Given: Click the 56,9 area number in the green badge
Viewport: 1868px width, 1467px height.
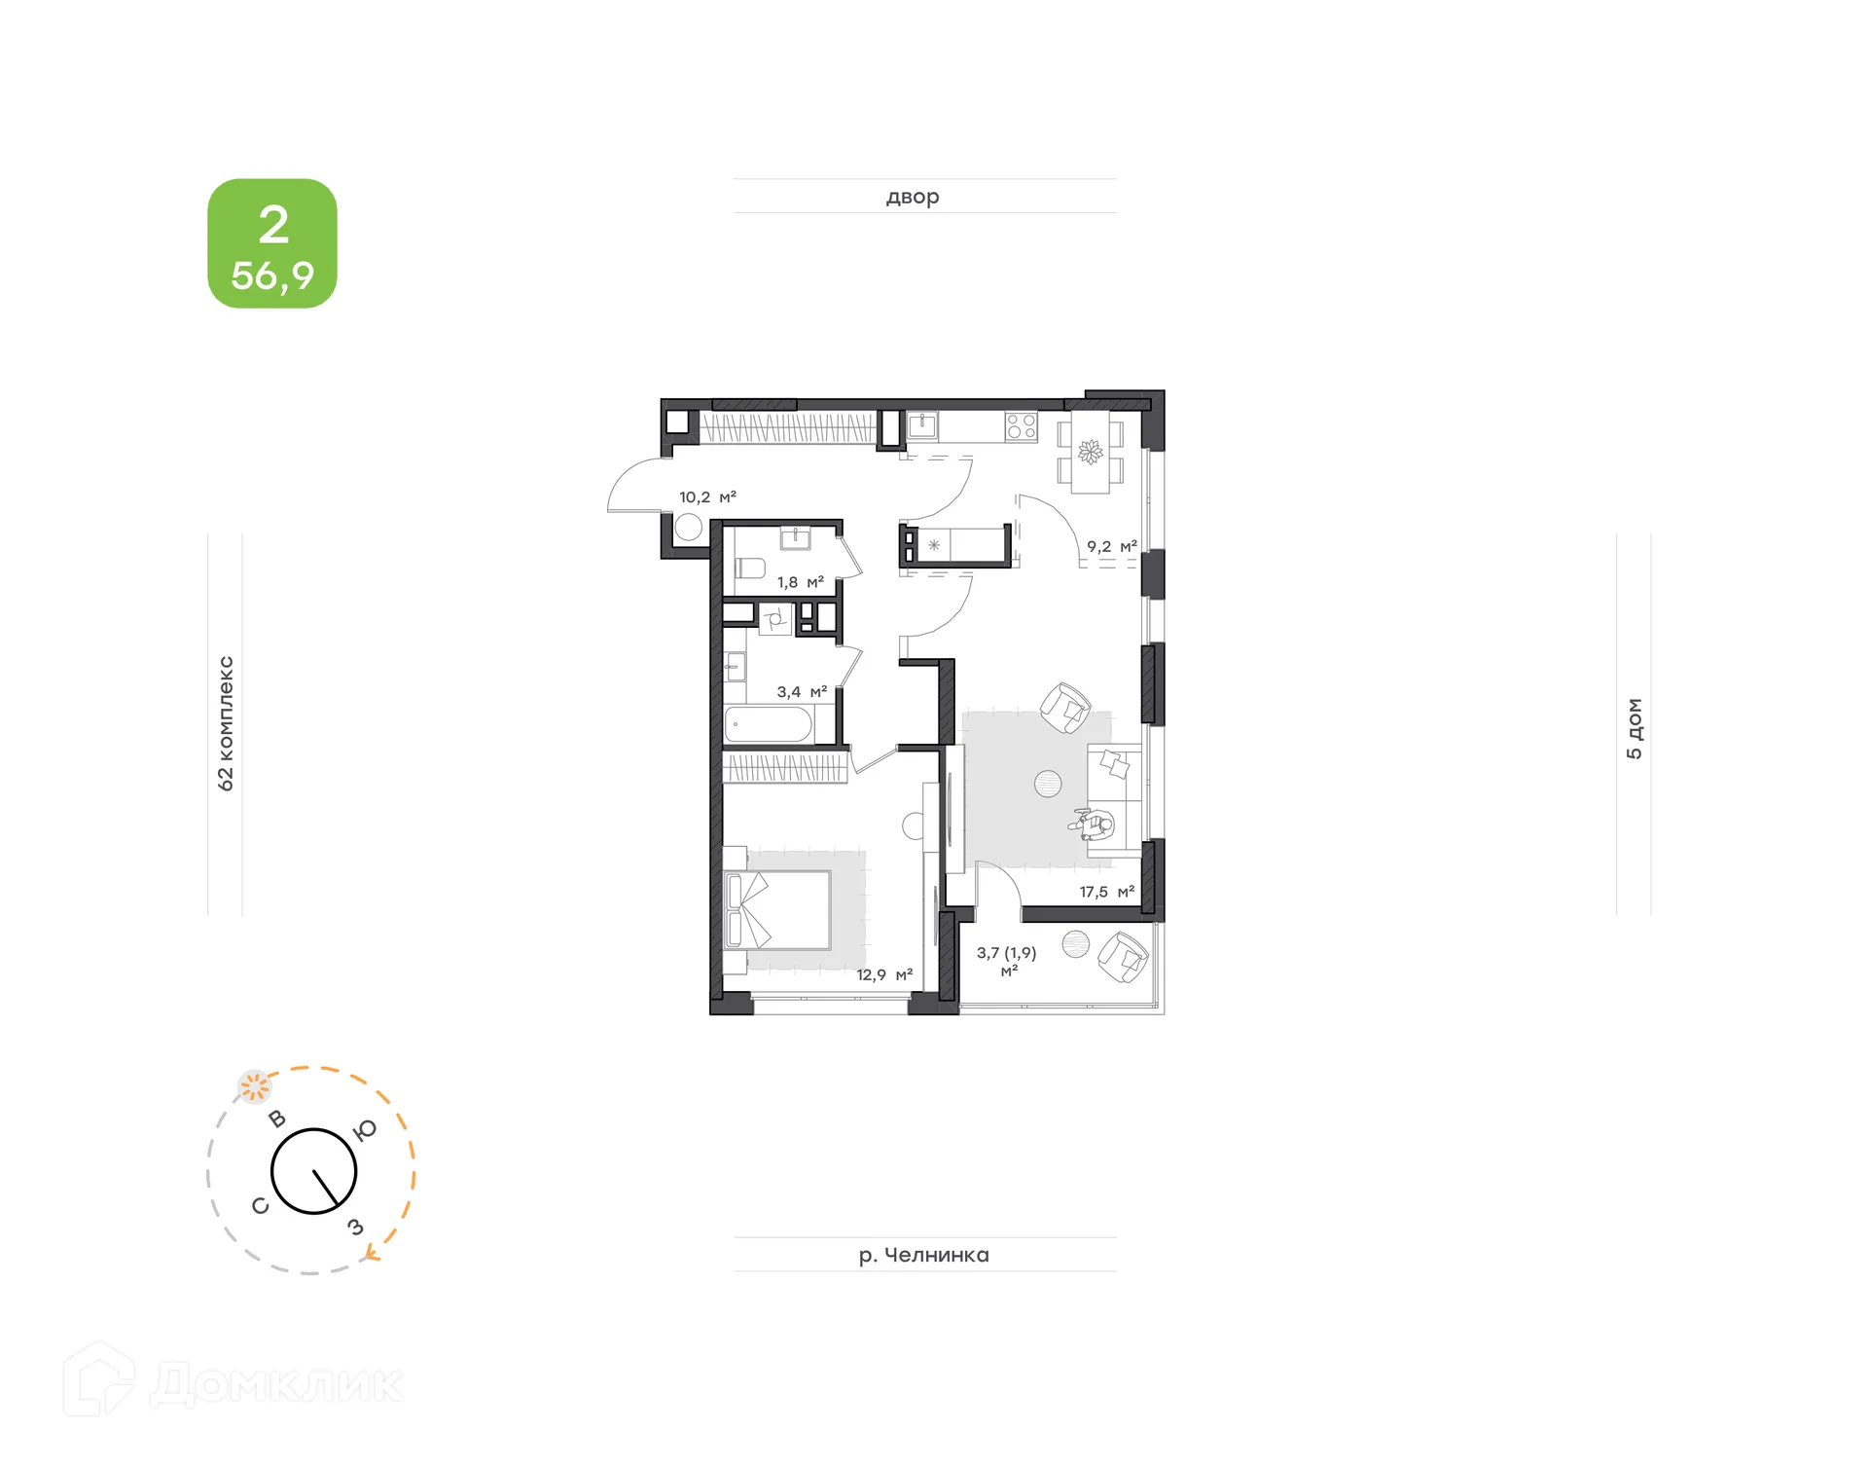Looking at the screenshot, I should point(272,275).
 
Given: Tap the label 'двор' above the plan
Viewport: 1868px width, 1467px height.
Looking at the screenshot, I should point(913,197).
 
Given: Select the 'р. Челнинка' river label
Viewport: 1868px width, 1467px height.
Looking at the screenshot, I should point(923,1255).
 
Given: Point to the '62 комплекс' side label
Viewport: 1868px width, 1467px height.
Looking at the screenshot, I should point(226,723).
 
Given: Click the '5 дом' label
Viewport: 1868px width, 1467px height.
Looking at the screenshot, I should point(1634,728).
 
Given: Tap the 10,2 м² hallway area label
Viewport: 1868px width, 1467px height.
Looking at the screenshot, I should point(707,497).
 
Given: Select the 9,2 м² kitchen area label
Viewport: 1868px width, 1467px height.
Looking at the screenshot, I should point(1111,547).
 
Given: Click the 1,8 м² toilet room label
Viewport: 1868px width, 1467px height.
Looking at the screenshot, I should point(800,582).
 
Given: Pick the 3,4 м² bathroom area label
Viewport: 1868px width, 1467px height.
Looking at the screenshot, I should point(802,692).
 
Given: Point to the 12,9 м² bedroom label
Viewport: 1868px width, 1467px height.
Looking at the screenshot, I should point(883,974).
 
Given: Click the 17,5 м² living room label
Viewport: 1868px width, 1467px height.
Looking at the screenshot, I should point(1106,892).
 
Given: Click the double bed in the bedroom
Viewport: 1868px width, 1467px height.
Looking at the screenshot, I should point(779,910).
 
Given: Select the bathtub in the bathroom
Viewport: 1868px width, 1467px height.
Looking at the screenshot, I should point(769,725).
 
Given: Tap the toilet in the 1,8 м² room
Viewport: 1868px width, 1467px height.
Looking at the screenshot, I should point(750,568).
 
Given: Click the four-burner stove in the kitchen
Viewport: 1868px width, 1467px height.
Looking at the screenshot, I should point(1021,426).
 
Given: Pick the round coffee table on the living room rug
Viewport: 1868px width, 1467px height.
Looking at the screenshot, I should point(1048,784).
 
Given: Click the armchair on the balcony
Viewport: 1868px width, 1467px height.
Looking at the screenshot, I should point(1123,956).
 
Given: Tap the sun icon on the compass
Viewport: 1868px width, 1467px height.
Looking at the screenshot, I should point(255,1086).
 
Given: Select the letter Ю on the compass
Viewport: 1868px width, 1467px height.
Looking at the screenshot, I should point(364,1129).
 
